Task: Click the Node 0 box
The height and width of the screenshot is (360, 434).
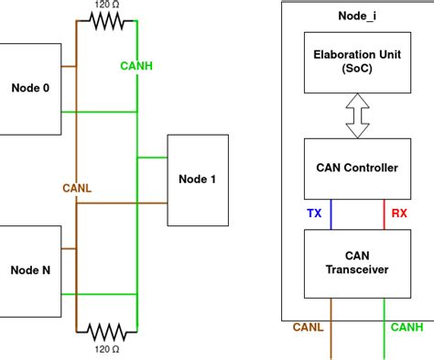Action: (x=30, y=89)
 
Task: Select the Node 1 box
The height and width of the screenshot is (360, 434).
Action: (x=198, y=180)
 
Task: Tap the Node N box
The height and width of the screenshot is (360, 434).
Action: (x=30, y=271)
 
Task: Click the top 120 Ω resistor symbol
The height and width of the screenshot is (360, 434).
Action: (x=106, y=21)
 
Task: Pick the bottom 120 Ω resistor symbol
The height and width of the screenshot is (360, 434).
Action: (x=106, y=332)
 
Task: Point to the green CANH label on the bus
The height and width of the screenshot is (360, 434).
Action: (x=136, y=66)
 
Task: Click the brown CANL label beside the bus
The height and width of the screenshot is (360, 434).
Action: (x=77, y=188)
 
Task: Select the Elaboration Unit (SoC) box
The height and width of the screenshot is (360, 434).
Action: (x=357, y=62)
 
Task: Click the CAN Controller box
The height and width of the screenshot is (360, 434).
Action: (x=357, y=169)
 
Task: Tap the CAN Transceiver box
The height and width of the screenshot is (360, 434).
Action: (x=357, y=264)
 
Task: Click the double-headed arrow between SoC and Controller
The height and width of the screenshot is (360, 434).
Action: (x=357, y=115)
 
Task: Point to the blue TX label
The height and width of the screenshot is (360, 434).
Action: (x=314, y=213)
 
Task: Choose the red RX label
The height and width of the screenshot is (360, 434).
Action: (x=399, y=213)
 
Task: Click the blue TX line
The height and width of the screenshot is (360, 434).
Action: (x=331, y=214)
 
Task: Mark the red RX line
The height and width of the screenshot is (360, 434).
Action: (x=384, y=214)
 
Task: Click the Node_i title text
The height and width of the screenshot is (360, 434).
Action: (x=357, y=16)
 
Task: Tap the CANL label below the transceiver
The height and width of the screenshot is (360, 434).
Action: (x=308, y=327)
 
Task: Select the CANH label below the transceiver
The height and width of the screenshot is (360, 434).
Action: (x=407, y=327)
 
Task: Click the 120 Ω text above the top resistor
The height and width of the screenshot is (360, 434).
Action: (x=107, y=5)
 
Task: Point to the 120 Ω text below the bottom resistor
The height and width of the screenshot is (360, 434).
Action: (x=107, y=349)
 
